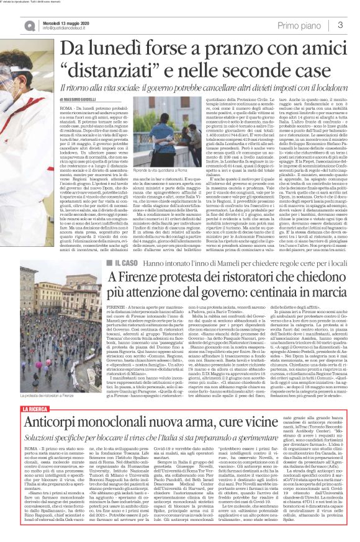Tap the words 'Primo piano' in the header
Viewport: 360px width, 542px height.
pyautogui.click(x=304, y=24)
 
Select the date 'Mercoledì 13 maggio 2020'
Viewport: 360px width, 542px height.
pyautogui.click(x=53, y=20)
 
